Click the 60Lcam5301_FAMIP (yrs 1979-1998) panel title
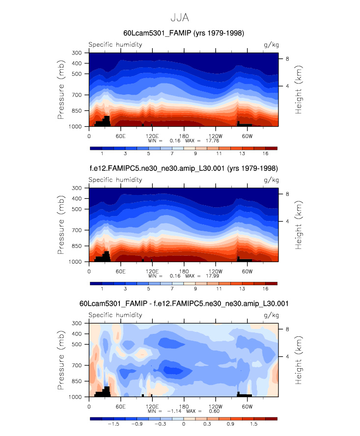tap(184, 33)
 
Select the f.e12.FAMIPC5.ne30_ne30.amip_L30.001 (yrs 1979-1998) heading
tap(184, 168)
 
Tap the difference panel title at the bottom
tap(184, 304)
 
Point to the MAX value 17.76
tap(209, 140)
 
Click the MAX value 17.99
tap(209, 276)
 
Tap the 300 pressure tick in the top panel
tap(77, 53)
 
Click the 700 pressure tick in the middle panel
tap(77, 230)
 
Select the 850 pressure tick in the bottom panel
tap(77, 381)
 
